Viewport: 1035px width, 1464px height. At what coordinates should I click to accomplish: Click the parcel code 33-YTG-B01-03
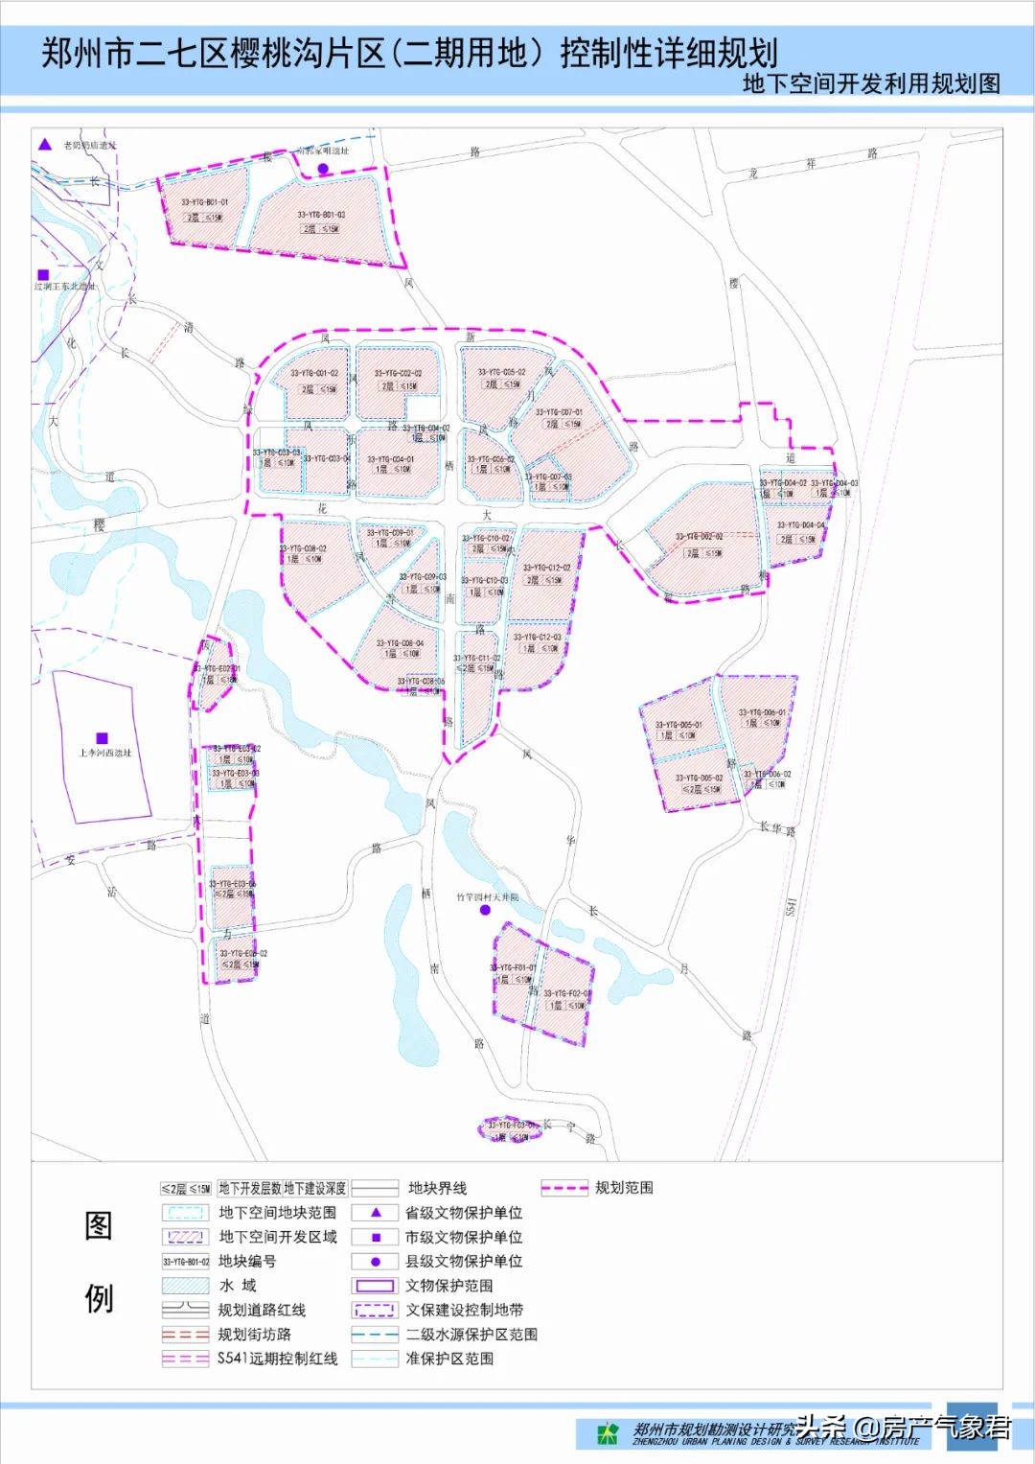321,215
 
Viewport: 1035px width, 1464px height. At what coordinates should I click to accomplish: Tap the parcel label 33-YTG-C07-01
559,412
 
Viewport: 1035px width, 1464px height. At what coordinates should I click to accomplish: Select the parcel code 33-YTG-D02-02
699,537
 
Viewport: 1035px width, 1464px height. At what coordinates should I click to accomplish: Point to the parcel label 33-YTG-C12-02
547,568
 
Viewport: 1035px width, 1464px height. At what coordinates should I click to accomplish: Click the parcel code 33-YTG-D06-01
762,712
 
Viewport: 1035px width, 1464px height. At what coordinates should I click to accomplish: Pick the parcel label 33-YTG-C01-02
314,374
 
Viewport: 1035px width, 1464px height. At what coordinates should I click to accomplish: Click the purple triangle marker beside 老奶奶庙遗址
45,145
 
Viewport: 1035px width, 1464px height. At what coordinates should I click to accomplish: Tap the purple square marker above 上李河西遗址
103,738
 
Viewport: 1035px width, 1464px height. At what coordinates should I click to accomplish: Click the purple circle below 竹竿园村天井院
485,910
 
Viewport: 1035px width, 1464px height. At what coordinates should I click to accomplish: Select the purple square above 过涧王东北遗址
43,274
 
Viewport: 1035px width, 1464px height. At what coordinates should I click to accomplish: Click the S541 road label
791,906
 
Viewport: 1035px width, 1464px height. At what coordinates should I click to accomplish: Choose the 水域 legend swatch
185,1286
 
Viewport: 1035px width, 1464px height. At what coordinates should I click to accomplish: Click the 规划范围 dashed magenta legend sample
563,1188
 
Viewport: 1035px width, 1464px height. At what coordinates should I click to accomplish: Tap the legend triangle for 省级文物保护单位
376,1213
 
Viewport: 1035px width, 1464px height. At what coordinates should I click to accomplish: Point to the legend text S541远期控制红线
277,1359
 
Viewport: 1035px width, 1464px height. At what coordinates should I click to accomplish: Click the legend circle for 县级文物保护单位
376,1262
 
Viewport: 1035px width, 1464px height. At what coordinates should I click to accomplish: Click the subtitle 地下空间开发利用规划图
871,83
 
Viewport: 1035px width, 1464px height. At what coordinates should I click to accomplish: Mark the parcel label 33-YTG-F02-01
566,993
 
